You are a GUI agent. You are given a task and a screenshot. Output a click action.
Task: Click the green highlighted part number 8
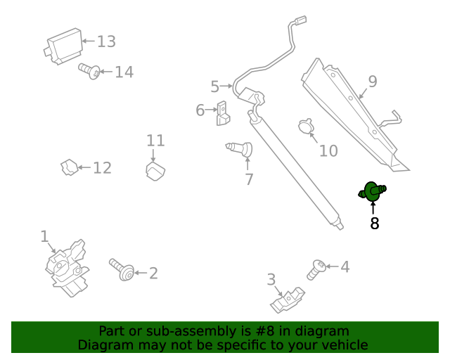(x=373, y=191)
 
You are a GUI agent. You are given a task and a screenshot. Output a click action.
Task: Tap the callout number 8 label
(x=374, y=224)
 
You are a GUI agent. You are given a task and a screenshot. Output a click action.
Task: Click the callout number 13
(x=106, y=41)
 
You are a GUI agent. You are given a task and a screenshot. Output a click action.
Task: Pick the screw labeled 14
(x=89, y=70)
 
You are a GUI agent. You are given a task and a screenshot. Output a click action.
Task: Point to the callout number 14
(x=124, y=72)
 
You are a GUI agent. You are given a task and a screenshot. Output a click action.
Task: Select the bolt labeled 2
(x=122, y=270)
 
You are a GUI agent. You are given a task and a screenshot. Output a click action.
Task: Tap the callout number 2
(x=153, y=274)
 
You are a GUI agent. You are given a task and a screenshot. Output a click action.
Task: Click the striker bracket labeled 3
(x=288, y=300)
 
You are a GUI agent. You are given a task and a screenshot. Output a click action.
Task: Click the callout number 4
(x=345, y=267)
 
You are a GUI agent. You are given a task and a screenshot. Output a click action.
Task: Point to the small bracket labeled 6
(x=224, y=115)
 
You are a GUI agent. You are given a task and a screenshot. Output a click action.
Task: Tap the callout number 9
(x=372, y=82)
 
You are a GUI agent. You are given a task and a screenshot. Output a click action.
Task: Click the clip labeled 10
(x=306, y=127)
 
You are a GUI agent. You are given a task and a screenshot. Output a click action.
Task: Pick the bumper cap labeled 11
(x=155, y=170)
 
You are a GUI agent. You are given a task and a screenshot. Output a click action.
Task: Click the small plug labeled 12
(x=69, y=168)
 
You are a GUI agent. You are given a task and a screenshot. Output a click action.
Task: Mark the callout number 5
(x=214, y=86)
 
